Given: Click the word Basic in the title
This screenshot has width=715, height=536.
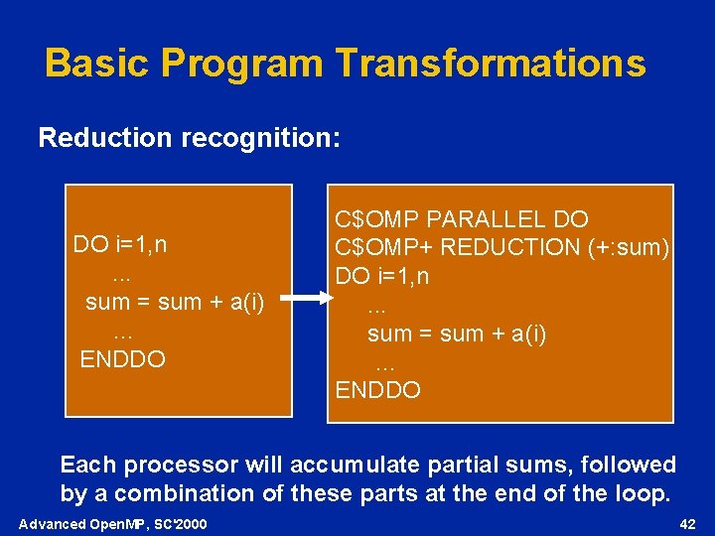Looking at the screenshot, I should pos(97,64).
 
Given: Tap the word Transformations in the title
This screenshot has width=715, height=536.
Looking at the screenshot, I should pos(491,64).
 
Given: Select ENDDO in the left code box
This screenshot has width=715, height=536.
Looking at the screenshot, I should pos(122,358).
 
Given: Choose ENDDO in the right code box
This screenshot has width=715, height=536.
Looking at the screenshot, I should pos(378,390).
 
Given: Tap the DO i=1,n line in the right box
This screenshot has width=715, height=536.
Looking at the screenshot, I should pos(382,276).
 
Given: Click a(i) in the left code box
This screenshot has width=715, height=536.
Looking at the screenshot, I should pos(246,302).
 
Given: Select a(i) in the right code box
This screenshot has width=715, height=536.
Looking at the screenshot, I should pos(527,334).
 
